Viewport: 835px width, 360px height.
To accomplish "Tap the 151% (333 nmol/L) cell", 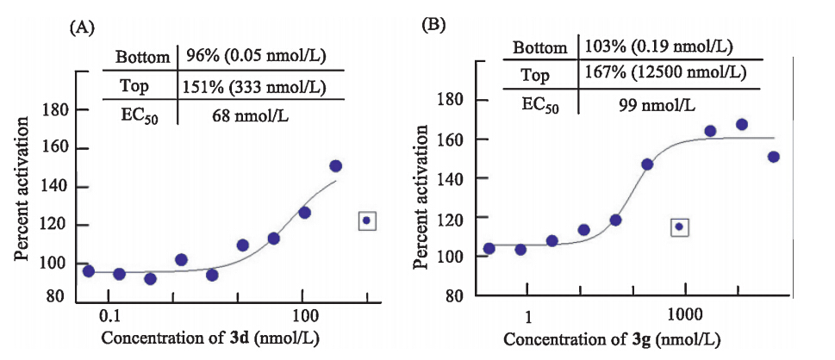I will pyautogui.click(x=253, y=86).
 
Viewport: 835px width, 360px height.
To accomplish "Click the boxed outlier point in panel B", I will pyautogui.click(x=679, y=227).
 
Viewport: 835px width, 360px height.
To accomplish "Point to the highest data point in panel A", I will pyautogui.click(x=336, y=165).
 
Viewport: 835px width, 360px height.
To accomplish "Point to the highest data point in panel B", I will pyautogui.click(x=741, y=124).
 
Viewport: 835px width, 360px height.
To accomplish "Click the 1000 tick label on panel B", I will pyautogui.click(x=685, y=308).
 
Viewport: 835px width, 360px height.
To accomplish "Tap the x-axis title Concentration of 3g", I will pyautogui.click(x=613, y=337).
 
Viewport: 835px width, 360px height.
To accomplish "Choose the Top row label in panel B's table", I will pyautogui.click(x=536, y=75).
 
